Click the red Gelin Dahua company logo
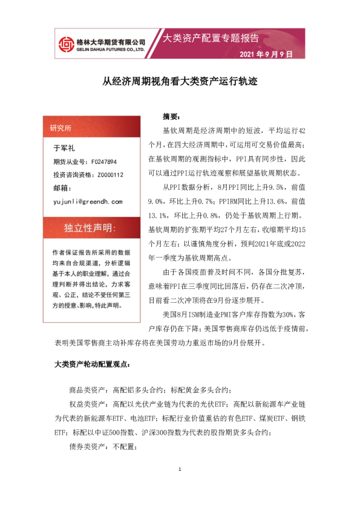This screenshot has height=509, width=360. coord(64,44)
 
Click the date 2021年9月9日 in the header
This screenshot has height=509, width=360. coord(266,54)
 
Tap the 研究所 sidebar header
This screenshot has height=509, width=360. coord(61,128)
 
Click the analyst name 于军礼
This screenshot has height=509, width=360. coord(64,148)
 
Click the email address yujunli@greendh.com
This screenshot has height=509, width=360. coord(88,201)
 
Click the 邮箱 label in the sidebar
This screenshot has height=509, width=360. coord(63,188)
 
